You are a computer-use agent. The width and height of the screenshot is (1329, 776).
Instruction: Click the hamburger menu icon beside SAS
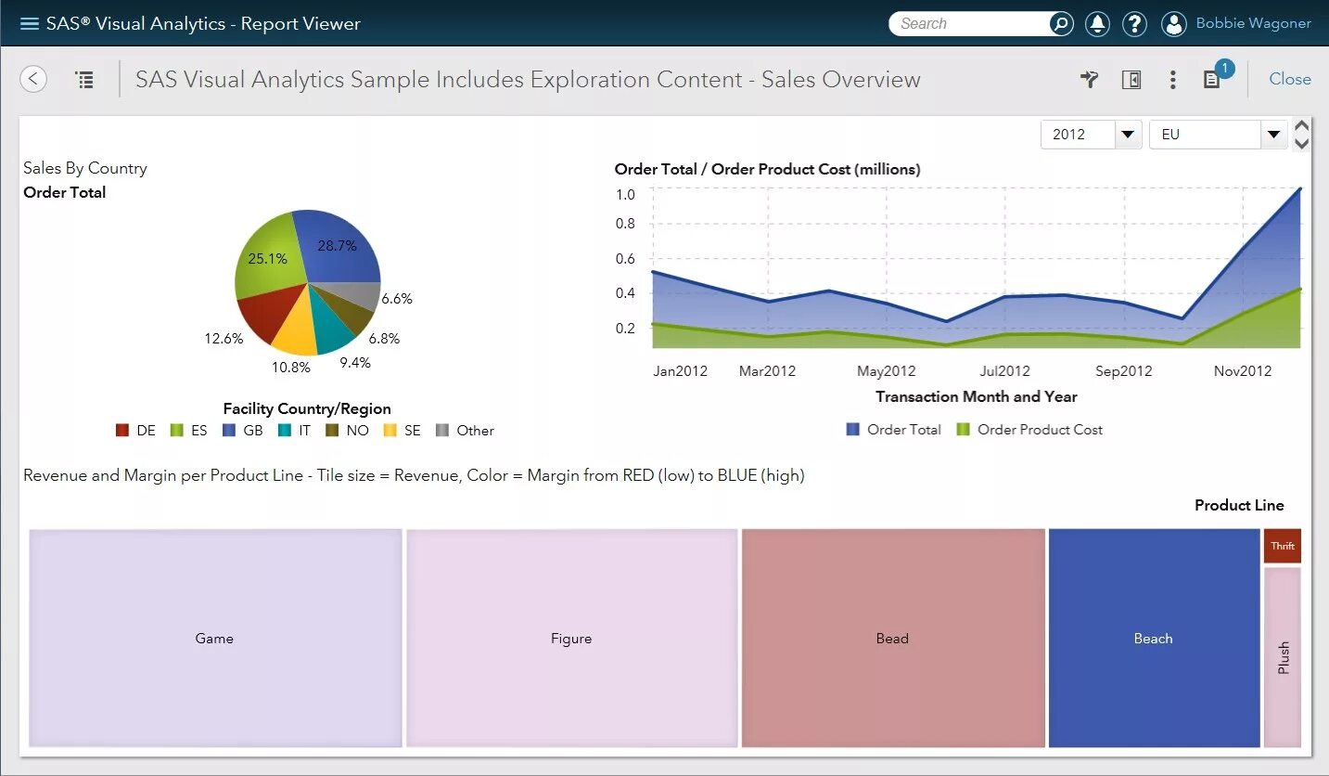[x=29, y=23]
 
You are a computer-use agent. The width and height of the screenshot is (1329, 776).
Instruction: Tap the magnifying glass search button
[x=1060, y=24]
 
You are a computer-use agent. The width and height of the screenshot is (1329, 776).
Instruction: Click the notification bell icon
[x=1097, y=24]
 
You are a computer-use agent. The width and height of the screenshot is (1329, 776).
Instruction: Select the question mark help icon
[x=1134, y=24]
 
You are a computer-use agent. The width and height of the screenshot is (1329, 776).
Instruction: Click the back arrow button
[x=33, y=79]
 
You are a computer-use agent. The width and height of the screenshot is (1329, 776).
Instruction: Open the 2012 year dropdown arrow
[x=1127, y=135]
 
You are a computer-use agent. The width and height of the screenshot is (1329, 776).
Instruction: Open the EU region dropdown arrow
[x=1272, y=135]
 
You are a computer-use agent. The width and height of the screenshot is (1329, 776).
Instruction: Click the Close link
[x=1289, y=79]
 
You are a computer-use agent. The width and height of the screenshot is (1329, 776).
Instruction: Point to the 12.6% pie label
[x=224, y=339]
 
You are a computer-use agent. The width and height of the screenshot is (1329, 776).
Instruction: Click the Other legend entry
[x=466, y=431]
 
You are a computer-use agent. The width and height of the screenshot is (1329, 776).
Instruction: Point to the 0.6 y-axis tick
[x=625, y=259]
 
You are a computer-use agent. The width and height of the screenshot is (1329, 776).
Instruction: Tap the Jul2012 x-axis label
[x=1005, y=371]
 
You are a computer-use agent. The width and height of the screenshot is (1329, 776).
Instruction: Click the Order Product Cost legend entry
[x=1029, y=430]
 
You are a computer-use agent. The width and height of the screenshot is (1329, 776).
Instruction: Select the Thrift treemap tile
[x=1282, y=546]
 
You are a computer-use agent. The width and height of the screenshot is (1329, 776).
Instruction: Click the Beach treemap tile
[x=1153, y=639]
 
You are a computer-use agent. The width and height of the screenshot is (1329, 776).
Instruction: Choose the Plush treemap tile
[x=1283, y=657]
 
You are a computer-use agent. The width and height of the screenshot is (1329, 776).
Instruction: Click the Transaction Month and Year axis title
[x=976, y=397]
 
